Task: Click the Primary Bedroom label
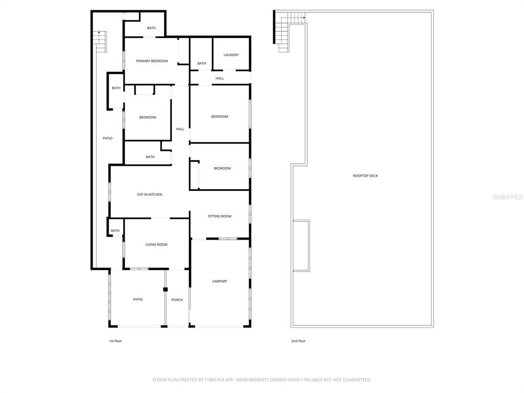pyautogui.click(x=151, y=61)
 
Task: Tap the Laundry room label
pyautogui.click(x=231, y=55)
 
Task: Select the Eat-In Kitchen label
pyautogui.click(x=149, y=194)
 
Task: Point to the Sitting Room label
pyautogui.click(x=220, y=216)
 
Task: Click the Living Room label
pyautogui.click(x=157, y=245)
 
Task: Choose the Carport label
pyautogui.click(x=220, y=281)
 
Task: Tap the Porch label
pyautogui.click(x=177, y=299)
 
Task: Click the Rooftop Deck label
pyautogui.click(x=365, y=176)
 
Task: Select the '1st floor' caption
pyautogui.click(x=115, y=341)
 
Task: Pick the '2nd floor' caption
pyautogui.click(x=298, y=341)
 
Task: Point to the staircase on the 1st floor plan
pyautogui.click(x=100, y=41)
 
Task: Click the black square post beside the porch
pyautogui.click(x=165, y=290)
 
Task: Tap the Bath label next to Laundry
pyautogui.click(x=202, y=63)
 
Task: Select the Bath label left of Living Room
pyautogui.click(x=115, y=230)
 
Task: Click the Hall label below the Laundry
pyautogui.click(x=220, y=78)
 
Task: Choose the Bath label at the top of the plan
pyautogui.click(x=151, y=28)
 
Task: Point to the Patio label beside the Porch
pyautogui.click(x=138, y=299)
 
